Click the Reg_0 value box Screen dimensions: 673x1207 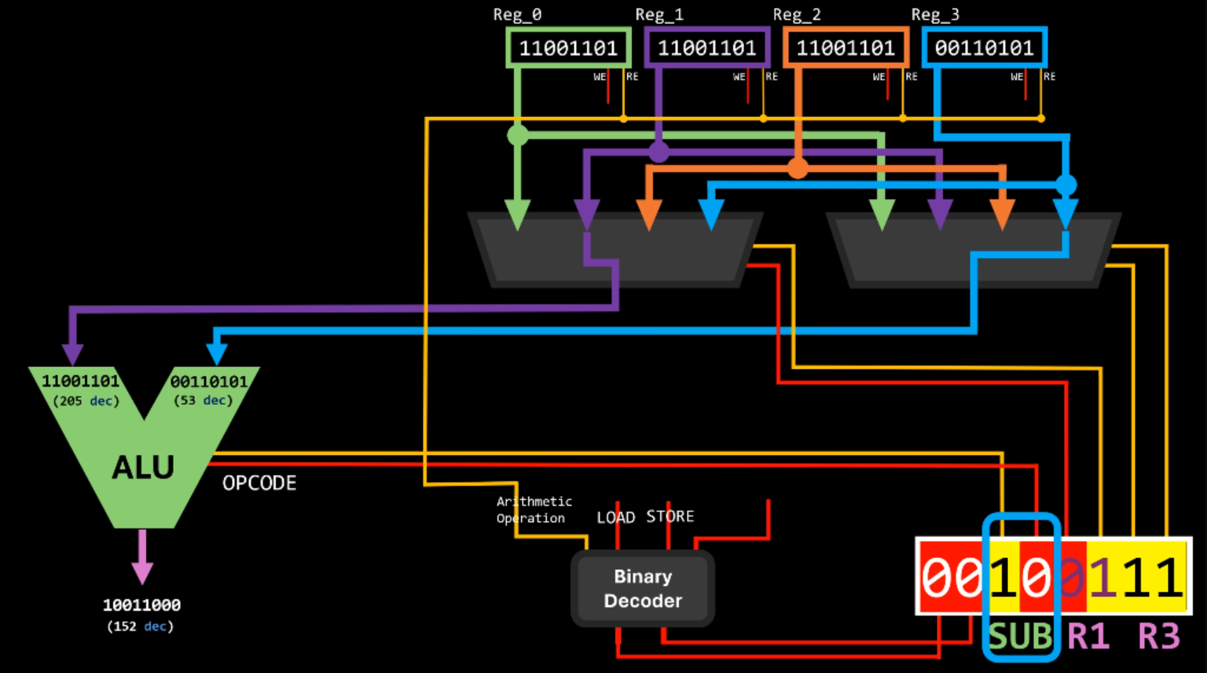point(568,48)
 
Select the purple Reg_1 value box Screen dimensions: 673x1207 point(706,48)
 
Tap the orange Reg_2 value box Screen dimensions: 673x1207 point(846,48)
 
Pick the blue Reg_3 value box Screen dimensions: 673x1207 point(984,48)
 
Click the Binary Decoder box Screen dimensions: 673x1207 point(643,588)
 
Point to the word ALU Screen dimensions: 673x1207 point(143,468)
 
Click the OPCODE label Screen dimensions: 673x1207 point(259,483)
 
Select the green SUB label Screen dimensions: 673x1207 point(1020,636)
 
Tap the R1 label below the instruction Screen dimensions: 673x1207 point(1088,636)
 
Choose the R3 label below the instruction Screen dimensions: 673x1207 point(1159,636)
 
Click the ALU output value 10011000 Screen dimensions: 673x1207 point(141,605)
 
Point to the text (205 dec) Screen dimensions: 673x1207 point(86,401)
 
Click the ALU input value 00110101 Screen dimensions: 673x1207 point(208,381)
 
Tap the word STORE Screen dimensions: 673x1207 point(670,517)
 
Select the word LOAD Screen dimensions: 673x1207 point(615,517)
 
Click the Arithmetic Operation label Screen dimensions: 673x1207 point(534,509)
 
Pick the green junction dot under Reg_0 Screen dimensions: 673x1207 point(518,135)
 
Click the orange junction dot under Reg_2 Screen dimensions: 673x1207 point(798,168)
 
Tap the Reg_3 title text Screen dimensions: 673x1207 point(935,15)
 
